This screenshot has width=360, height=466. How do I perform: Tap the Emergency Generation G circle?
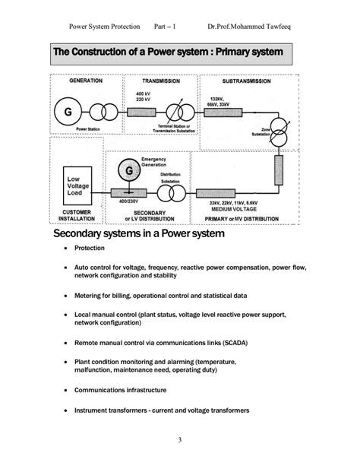pos(128,172)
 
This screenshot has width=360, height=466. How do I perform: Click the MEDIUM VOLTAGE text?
pos(226,210)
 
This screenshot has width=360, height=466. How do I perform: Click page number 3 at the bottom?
pos(179,440)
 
